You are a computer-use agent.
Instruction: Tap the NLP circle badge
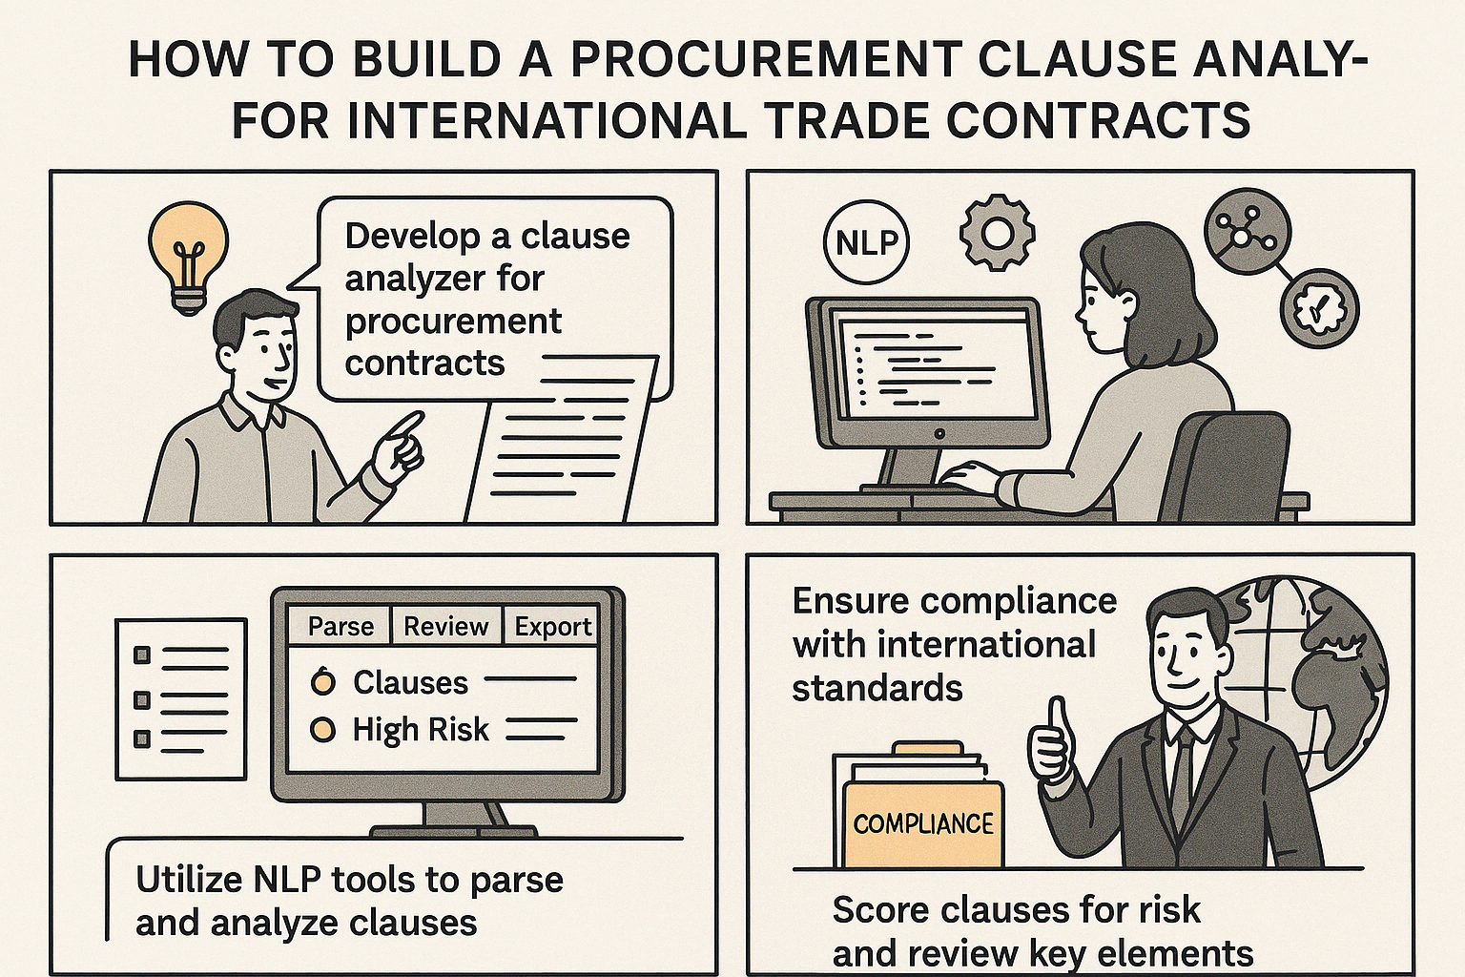(866, 243)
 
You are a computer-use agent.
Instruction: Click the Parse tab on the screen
(340, 626)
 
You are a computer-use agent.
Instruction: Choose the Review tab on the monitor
(445, 626)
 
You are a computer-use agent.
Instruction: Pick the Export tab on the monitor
(553, 626)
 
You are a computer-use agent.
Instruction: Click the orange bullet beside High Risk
(323, 730)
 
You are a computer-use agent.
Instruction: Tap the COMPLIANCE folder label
(923, 823)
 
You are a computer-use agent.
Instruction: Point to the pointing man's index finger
(407, 424)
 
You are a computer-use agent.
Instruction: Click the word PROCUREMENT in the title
(753, 59)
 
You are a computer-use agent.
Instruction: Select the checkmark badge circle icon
(1319, 305)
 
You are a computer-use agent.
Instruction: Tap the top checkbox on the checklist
(143, 655)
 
